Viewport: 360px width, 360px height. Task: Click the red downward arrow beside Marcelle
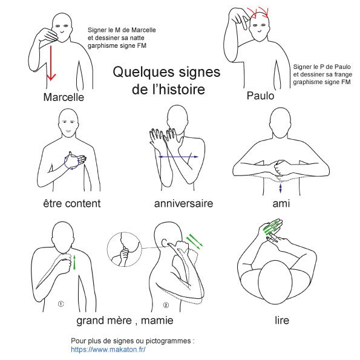51,63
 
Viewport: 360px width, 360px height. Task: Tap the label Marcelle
64,97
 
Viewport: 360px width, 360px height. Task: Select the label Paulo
260,96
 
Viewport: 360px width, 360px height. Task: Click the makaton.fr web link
108,350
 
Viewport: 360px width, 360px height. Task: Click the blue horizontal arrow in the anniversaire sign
178,157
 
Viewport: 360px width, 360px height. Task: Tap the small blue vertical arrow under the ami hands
280,188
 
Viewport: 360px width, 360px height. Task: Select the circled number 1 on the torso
61,304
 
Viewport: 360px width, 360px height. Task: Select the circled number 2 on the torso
166,305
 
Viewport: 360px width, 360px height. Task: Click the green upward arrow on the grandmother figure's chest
74,262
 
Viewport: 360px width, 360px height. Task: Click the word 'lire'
282,320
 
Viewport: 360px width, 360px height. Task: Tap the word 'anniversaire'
184,203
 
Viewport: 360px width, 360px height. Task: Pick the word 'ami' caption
281,203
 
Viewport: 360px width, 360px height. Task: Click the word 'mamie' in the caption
157,320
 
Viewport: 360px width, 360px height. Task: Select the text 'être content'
72,203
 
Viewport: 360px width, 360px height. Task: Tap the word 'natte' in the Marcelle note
137,38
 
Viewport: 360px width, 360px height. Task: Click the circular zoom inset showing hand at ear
125,249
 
